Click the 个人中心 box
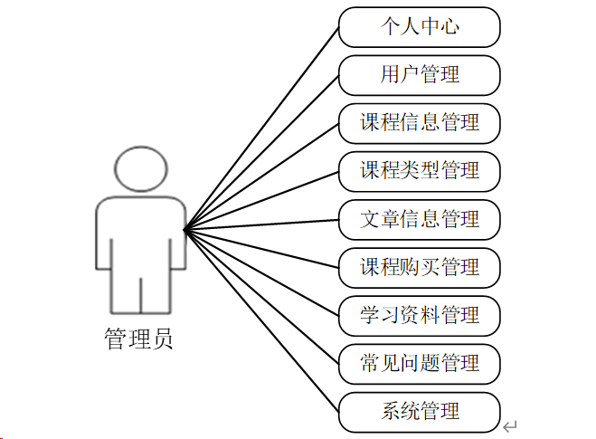pos(420,27)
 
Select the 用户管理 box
pos(420,75)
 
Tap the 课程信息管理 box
pos(420,123)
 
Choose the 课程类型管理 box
pos(420,171)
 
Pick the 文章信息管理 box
pos(420,219)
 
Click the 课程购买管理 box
pos(420,267)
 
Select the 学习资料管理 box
pos(420,315)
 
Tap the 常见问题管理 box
pos(420,363)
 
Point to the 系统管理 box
pos(420,412)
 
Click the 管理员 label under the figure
pos(138,339)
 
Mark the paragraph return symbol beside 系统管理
pos(511,425)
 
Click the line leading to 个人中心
pos(262,128)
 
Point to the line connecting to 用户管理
pos(262,152)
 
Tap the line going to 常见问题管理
pos(262,298)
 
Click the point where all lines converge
pos(184,230)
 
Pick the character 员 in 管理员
pos(161,339)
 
